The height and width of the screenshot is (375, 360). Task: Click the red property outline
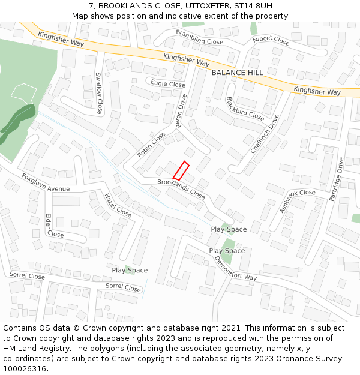click(x=181, y=170)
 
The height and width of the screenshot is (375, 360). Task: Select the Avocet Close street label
click(x=271, y=41)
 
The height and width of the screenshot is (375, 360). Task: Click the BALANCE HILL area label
click(x=237, y=73)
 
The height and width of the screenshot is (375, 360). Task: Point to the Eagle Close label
click(x=168, y=84)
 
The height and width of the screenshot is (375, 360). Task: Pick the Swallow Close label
click(x=99, y=94)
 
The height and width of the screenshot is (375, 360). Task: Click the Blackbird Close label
click(x=245, y=109)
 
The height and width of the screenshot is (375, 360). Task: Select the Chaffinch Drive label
click(x=265, y=134)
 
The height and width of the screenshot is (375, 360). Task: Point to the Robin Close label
click(x=151, y=145)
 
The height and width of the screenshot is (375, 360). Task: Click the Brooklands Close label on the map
click(x=181, y=189)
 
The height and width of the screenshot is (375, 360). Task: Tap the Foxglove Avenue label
click(x=46, y=182)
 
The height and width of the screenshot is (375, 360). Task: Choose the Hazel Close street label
click(x=118, y=205)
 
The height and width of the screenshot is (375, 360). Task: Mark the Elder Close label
click(x=54, y=226)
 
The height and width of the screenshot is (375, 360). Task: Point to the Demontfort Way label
click(x=235, y=269)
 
